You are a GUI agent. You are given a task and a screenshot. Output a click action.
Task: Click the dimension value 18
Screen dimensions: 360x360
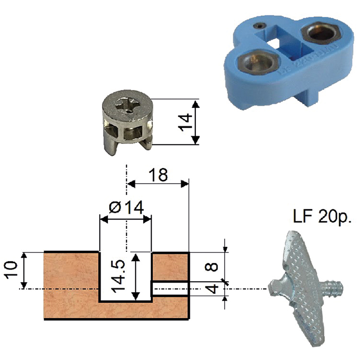tap(158, 175)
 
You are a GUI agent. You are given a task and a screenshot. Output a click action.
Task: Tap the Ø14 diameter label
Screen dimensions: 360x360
tap(126, 207)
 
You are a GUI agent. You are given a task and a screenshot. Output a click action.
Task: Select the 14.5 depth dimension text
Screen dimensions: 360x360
tap(118, 276)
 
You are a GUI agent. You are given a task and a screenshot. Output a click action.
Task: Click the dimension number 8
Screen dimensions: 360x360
tap(211, 267)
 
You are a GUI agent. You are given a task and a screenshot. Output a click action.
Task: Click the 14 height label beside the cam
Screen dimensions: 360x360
tap(185, 122)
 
